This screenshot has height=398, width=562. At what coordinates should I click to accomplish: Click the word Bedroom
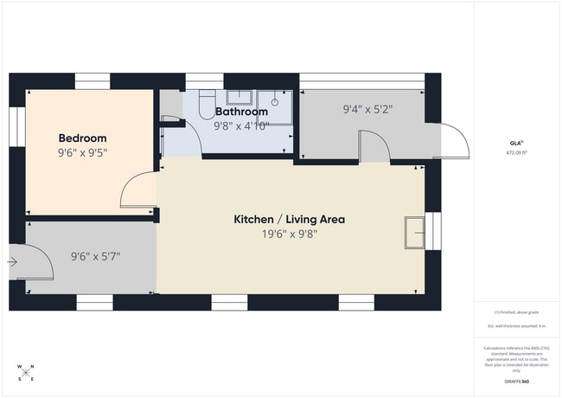pyautogui.click(x=82, y=138)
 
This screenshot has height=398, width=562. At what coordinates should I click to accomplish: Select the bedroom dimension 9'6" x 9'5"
pyautogui.click(x=82, y=153)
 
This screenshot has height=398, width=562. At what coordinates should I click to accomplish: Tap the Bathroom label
pyautogui.click(x=241, y=112)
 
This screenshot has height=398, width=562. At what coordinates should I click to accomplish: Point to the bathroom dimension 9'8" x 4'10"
pyautogui.click(x=241, y=125)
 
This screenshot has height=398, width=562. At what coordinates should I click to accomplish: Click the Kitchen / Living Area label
pyautogui.click(x=290, y=220)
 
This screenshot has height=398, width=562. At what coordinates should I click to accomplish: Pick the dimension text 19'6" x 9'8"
pyautogui.click(x=290, y=234)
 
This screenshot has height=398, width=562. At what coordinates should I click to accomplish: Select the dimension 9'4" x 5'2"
pyautogui.click(x=367, y=110)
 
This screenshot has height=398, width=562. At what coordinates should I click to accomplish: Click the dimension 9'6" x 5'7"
pyautogui.click(x=94, y=256)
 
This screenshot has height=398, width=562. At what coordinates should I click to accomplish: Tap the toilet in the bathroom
pyautogui.click(x=206, y=104)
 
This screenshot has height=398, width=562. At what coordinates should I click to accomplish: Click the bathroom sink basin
pyautogui.click(x=239, y=97)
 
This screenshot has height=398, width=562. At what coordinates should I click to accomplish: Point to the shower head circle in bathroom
pyautogui.click(x=275, y=101)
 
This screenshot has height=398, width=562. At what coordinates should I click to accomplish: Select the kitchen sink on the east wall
pyautogui.click(x=415, y=233)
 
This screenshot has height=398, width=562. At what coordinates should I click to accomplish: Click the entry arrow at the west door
pyautogui.click(x=12, y=260)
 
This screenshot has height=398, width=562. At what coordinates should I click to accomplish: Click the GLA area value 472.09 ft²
pyautogui.click(x=516, y=152)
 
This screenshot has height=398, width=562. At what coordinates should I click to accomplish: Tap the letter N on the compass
pyautogui.click(x=25, y=367)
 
